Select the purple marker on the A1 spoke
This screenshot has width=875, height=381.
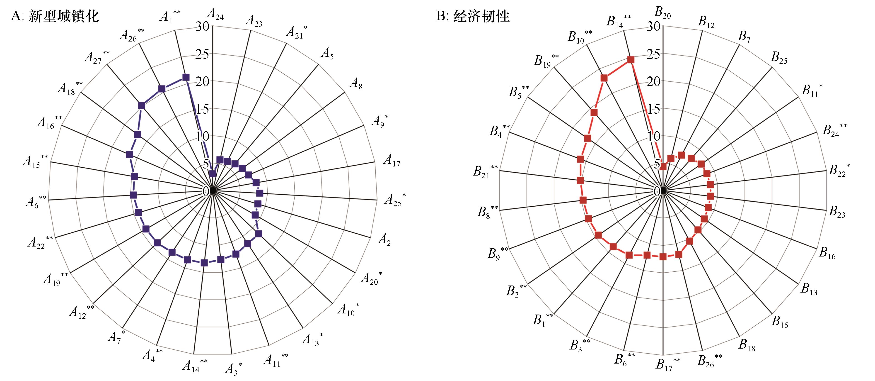(186, 77)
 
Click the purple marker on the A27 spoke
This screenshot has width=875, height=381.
(141, 106)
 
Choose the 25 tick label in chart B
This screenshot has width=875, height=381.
(653, 54)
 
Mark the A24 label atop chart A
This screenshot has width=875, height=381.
(215, 14)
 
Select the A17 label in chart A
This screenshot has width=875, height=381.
(392, 160)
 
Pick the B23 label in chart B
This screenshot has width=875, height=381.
(837, 211)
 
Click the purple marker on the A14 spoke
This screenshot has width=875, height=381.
(204, 263)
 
